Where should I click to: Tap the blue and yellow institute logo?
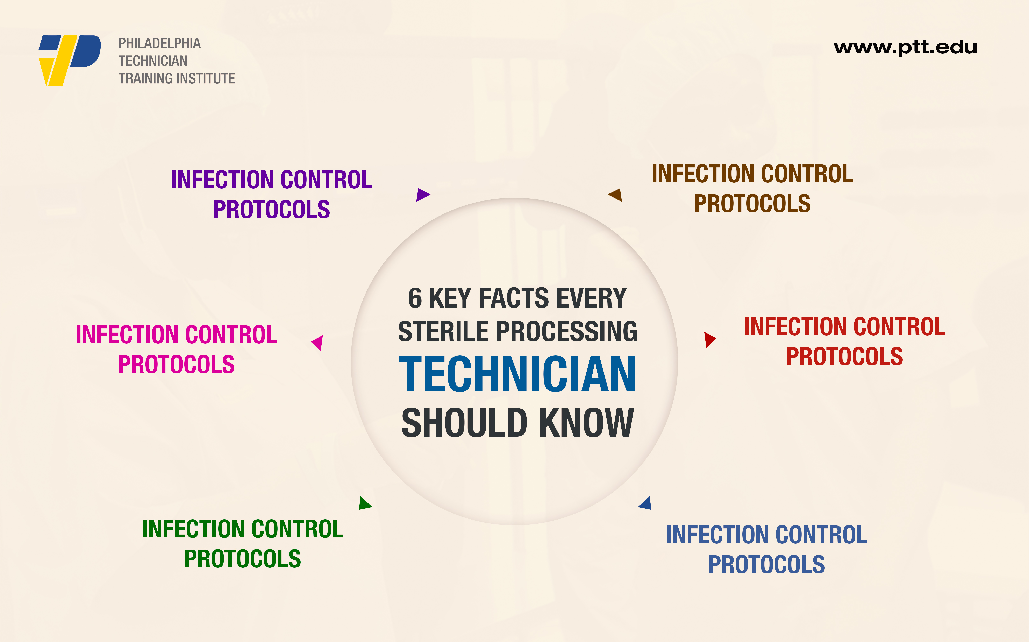click(70, 60)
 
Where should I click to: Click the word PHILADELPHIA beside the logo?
click(159, 43)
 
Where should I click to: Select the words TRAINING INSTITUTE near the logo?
click(177, 78)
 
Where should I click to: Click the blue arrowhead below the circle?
click(645, 503)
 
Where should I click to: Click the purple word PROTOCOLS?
click(272, 209)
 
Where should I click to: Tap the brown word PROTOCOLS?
click(752, 203)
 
